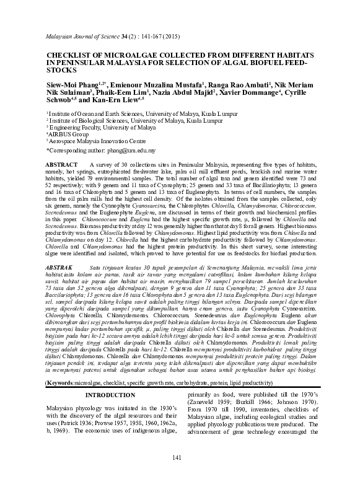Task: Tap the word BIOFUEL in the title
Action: click(x=263, y=63)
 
